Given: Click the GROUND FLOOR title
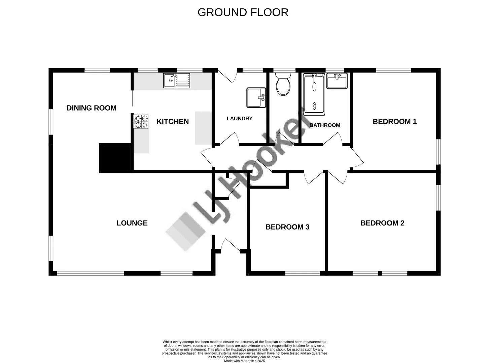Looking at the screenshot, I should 243,12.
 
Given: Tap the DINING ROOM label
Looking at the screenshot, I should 91,108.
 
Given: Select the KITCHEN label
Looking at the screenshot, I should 173,122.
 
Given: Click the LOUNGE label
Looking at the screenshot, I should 132,223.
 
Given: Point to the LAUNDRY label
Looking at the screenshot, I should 239,119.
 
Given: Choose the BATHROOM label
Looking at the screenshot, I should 325,125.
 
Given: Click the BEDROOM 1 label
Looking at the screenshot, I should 394,122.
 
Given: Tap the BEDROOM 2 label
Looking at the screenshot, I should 382,223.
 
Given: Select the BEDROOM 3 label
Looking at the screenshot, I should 287,227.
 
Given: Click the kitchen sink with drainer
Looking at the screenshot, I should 177,81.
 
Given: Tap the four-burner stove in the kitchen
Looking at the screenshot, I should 141,122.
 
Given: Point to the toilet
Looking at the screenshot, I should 283,84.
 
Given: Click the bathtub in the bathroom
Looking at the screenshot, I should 314,94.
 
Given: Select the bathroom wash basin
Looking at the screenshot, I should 337,81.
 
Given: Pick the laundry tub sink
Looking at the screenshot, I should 256,98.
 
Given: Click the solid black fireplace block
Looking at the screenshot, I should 115,158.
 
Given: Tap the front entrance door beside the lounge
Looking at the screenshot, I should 231,245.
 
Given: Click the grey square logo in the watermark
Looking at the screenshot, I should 185,231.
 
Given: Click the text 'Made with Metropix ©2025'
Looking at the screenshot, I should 244,361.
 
